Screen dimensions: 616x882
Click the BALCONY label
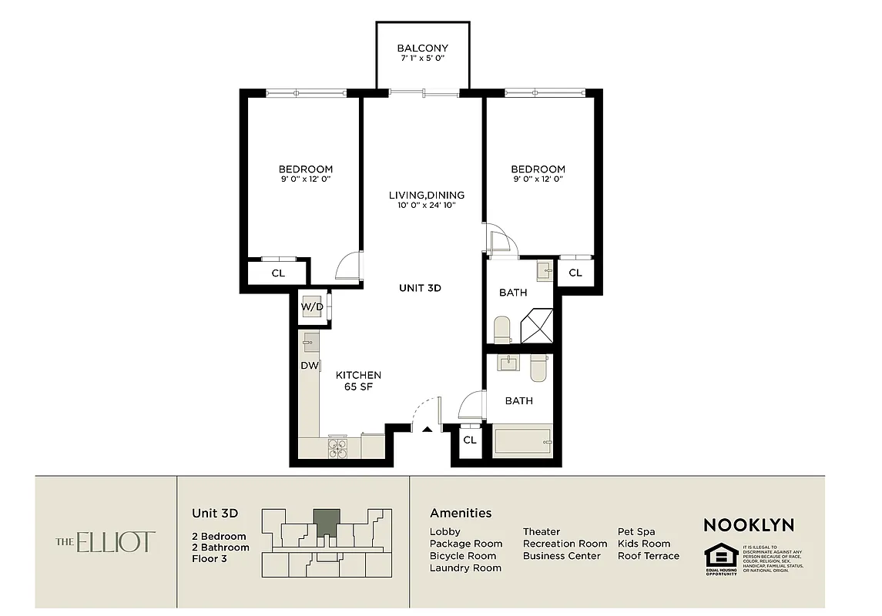422,48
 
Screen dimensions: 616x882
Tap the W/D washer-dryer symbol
312,306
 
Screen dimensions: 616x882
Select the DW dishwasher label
309,366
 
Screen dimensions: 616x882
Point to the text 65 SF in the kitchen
358,387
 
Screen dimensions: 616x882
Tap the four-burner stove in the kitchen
337,448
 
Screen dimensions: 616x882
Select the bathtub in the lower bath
523,442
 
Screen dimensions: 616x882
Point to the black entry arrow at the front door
426,429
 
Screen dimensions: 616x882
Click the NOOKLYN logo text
748,525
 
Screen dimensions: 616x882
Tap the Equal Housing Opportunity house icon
721,556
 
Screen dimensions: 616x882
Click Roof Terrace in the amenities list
648,555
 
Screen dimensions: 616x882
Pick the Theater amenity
542,531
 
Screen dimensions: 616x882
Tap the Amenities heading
461,513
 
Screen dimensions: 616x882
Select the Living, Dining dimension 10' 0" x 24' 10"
426,205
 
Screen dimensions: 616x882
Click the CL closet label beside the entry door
469,440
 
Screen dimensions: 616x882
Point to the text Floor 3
210,559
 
